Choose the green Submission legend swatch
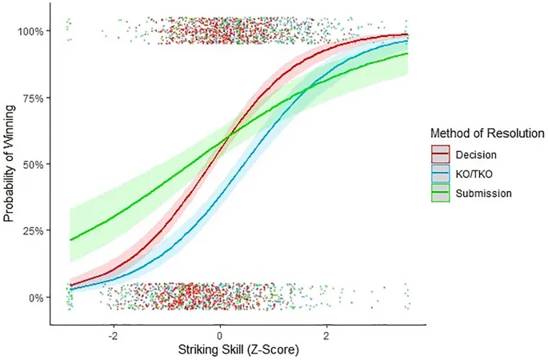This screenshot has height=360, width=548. click(440, 192)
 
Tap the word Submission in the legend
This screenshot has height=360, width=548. click(482, 192)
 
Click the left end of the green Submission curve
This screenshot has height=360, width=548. click(70, 239)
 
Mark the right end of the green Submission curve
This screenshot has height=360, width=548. click(408, 54)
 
